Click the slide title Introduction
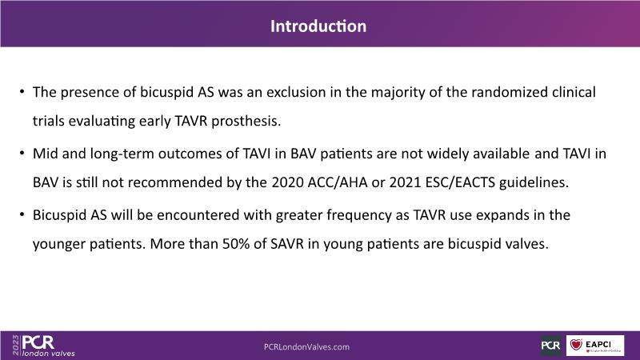click(318, 26)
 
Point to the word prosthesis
click(246, 122)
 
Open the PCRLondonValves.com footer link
click(306, 347)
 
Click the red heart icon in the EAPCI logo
click(576, 345)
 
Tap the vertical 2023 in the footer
click(16, 345)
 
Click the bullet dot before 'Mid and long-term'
click(22, 153)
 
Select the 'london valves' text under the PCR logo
click(49, 354)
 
